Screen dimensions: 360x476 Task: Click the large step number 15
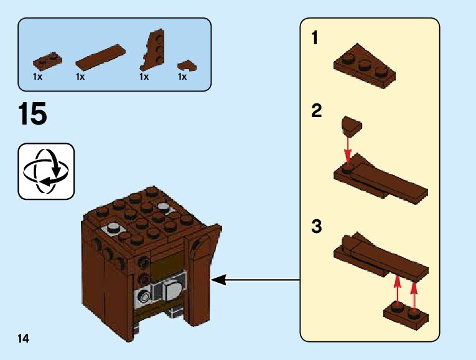click(33, 115)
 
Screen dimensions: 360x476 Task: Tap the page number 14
click(24, 338)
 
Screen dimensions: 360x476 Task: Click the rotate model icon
click(47, 171)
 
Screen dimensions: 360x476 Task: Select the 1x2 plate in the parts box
click(48, 60)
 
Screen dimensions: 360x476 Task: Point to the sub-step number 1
click(315, 39)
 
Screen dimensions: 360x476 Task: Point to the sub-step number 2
click(316, 112)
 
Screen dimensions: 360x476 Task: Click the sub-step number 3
click(316, 227)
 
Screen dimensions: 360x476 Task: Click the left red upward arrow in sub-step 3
click(397, 290)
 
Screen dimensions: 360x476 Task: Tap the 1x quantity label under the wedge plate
click(144, 77)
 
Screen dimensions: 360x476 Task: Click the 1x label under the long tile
click(80, 77)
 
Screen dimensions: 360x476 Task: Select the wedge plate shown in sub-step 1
click(366, 64)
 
